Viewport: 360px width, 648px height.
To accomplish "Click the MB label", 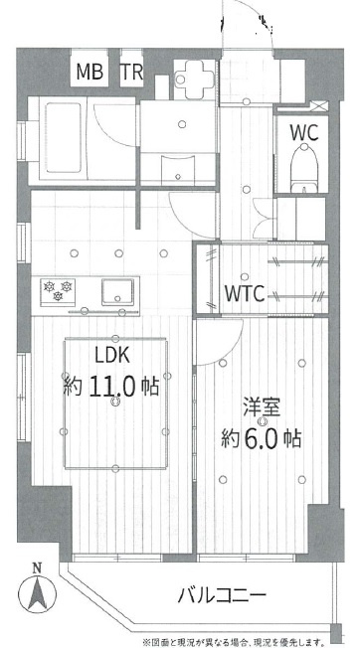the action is [x=90, y=72].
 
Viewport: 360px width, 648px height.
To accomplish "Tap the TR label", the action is [x=132, y=72].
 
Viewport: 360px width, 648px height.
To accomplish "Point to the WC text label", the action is [x=303, y=132].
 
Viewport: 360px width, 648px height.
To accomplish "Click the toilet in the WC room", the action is [x=303, y=168].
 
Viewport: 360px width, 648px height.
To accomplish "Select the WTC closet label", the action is [x=245, y=293].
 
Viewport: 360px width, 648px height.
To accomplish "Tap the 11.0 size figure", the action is [x=110, y=388].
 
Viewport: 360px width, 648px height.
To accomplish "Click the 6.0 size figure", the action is [x=261, y=439].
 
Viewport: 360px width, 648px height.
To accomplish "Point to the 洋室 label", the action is [x=262, y=407].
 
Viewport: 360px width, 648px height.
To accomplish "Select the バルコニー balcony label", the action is [x=222, y=595].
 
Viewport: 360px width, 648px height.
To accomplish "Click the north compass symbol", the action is [x=37, y=594].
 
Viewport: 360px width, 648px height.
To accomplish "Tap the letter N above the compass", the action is [x=37, y=568].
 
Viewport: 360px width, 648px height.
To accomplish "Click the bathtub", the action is [x=63, y=137].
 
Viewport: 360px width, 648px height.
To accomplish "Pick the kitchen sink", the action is [x=117, y=292].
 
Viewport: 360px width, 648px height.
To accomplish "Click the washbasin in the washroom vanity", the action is [x=178, y=169].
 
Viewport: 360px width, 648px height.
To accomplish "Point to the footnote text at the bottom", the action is [x=233, y=642].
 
